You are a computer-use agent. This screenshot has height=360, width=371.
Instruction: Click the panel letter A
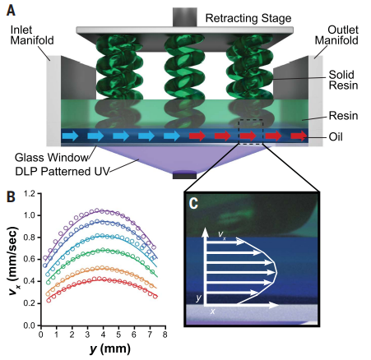coord(11,11)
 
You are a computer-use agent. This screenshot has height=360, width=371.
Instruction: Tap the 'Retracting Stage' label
coord(248,18)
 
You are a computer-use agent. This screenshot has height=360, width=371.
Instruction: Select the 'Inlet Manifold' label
coord(32,35)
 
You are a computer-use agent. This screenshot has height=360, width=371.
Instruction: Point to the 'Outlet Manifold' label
coord(336,35)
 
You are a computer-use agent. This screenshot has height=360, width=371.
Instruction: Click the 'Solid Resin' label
coord(343,80)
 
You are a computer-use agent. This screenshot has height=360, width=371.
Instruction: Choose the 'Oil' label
coord(336,136)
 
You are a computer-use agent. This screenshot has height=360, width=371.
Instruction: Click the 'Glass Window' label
coord(51,158)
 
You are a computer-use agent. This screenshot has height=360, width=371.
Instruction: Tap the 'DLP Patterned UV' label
coord(62,172)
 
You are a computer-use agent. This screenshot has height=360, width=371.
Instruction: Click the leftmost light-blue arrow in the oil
coord(71,136)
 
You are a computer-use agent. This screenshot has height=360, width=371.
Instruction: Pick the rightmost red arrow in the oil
coord(299,136)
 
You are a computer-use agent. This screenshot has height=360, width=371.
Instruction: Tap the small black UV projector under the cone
coord(184,175)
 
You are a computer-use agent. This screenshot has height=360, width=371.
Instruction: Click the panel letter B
coord(11,196)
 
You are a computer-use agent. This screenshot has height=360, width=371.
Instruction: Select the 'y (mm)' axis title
coord(110,349)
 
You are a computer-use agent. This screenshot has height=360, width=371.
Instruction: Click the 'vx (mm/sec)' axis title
coord(13,261)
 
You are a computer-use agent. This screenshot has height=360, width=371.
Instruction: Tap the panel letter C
coord(193,203)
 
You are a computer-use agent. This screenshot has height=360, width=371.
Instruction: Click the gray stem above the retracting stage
coord(185,17)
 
